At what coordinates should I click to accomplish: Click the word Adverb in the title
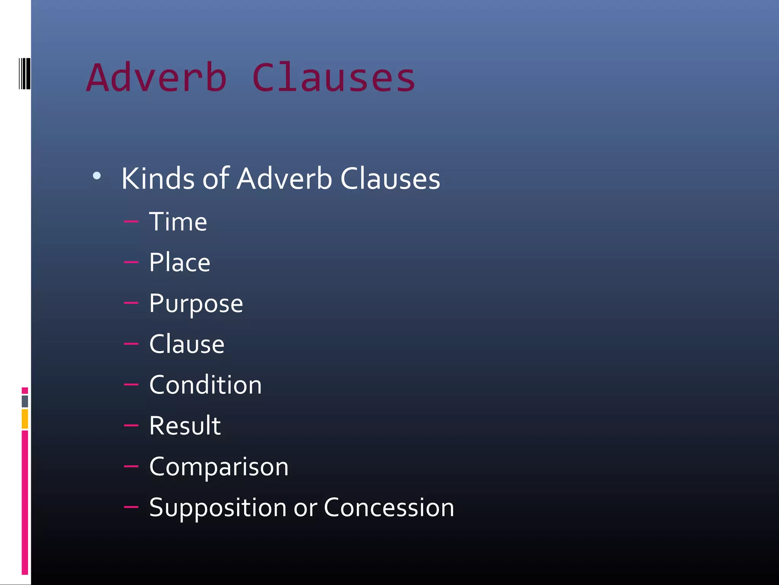coord(157,78)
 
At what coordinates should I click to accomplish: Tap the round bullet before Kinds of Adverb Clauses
coord(97,176)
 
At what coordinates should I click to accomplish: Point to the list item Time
coord(178,222)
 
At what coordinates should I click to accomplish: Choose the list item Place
coord(180,262)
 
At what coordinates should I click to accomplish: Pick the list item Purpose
coord(196,304)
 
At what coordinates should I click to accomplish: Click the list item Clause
coord(187,344)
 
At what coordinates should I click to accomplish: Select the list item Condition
coord(205,385)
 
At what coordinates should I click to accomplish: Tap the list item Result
coord(185,426)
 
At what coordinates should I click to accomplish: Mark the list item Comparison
coord(219,467)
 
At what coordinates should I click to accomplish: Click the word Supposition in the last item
coord(218,508)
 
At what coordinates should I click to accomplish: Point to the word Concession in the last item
coord(389,507)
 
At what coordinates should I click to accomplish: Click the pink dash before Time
coord(131,221)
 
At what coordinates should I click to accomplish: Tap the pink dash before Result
coord(131,425)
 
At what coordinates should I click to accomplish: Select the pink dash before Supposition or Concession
coord(131,507)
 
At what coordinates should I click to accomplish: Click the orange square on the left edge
coord(25,419)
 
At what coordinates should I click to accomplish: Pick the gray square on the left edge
coord(25,401)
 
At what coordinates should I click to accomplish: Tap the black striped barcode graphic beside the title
coord(24,74)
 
